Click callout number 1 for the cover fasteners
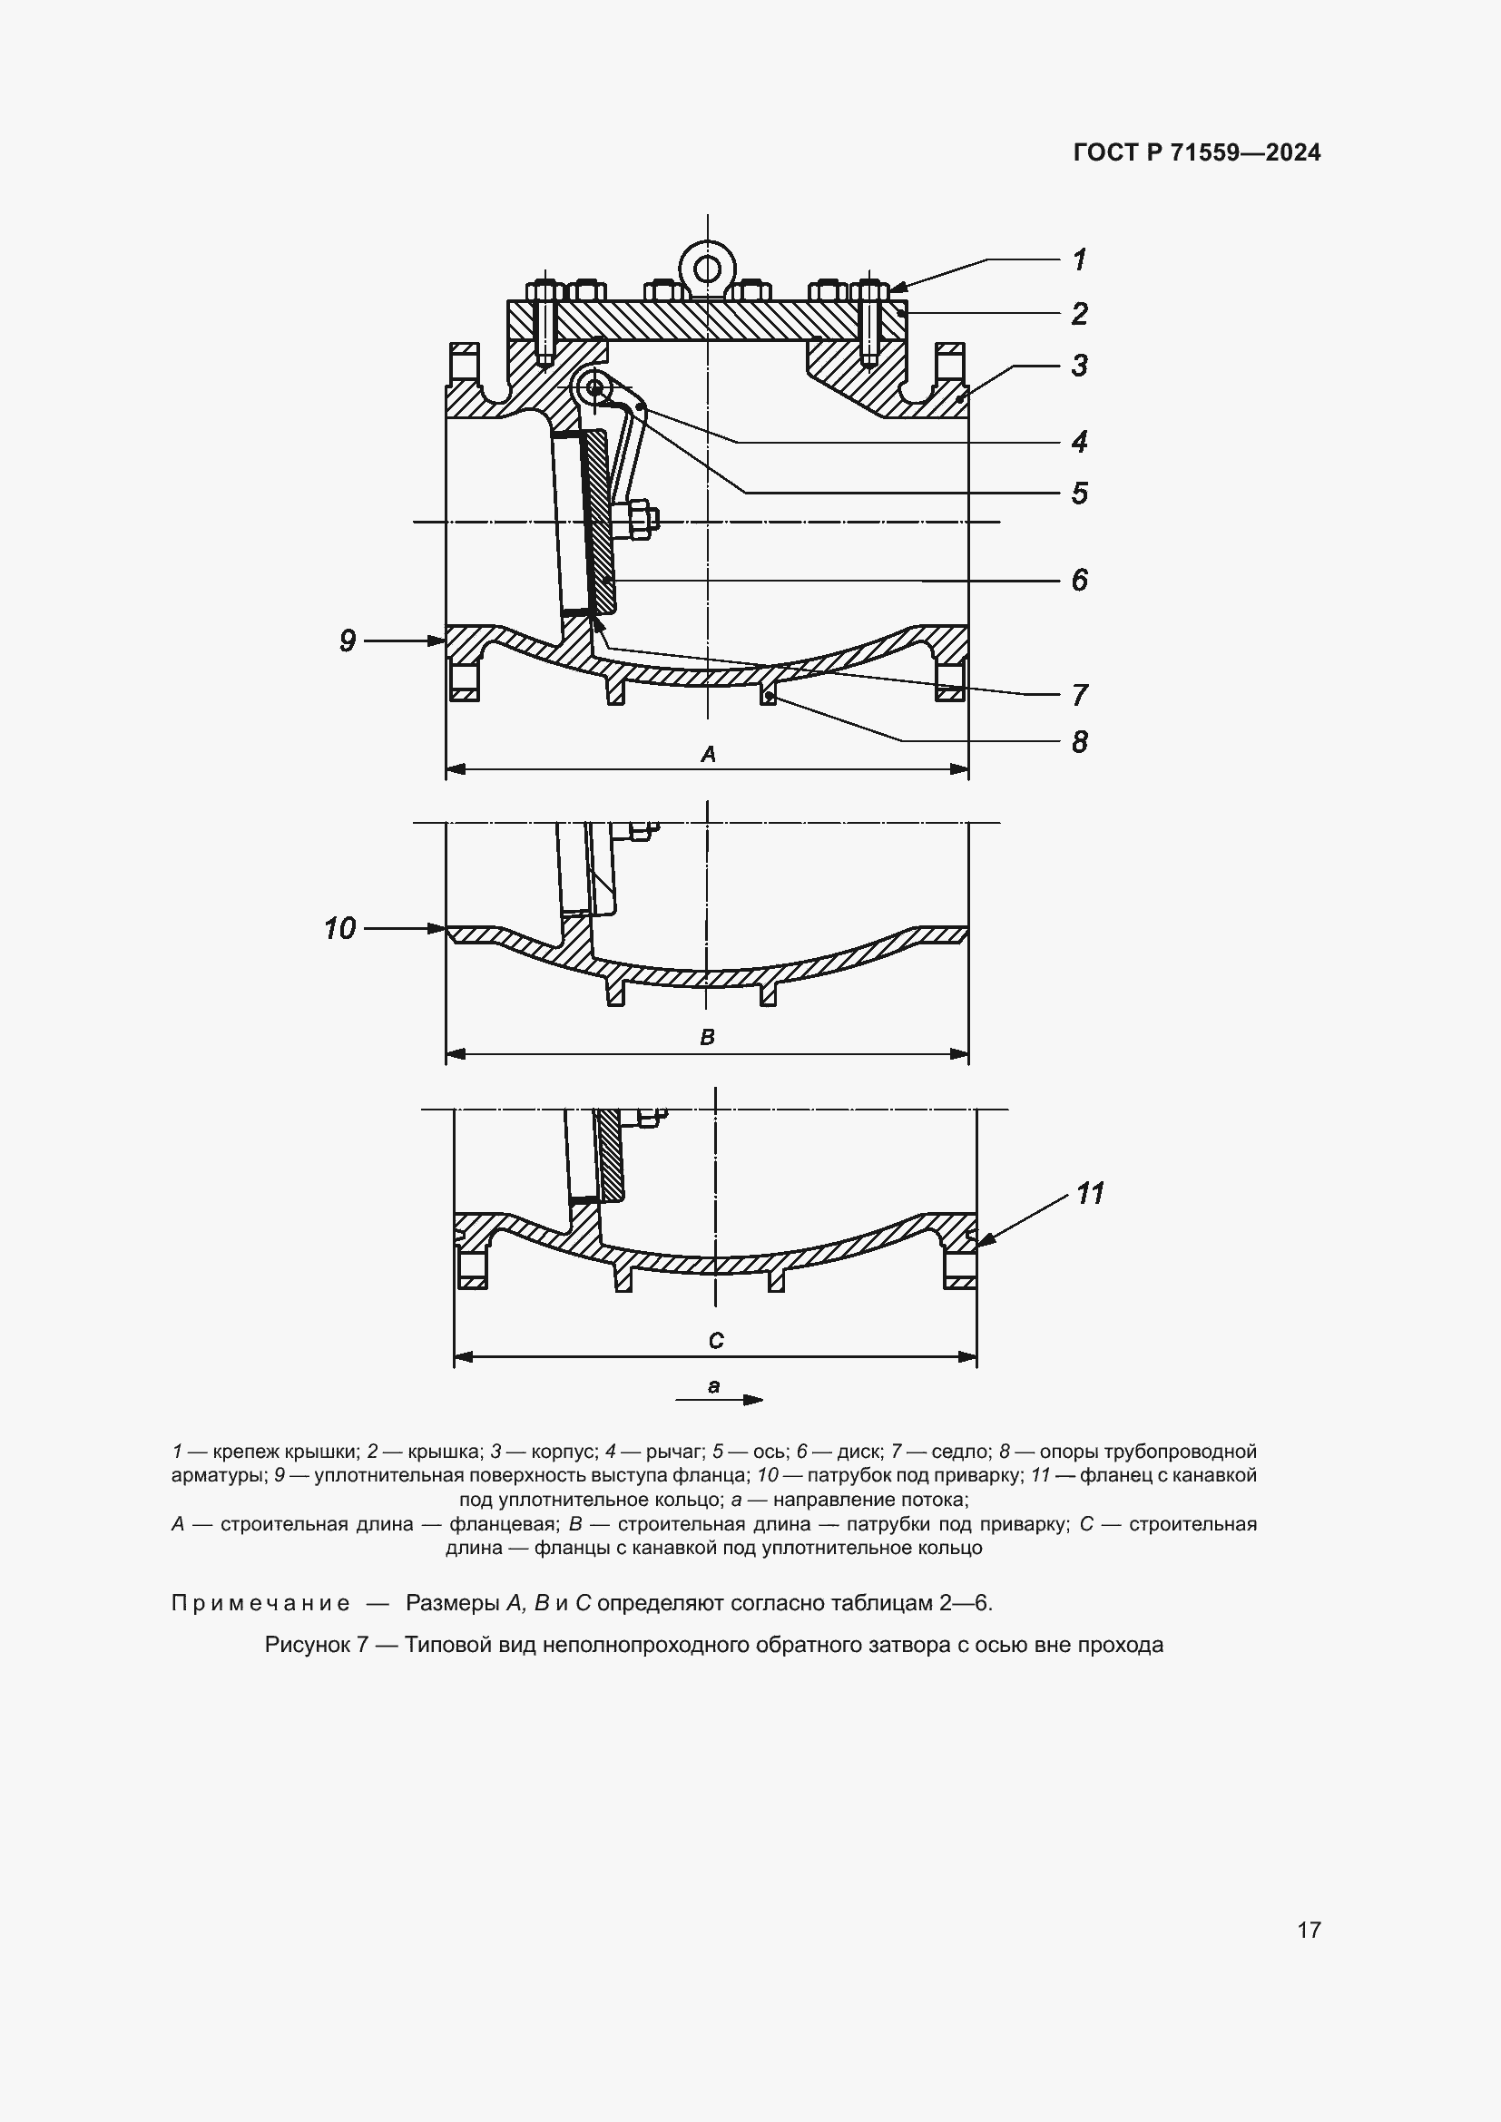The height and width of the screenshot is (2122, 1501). (x=1079, y=259)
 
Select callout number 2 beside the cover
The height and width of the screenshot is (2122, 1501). (x=1079, y=314)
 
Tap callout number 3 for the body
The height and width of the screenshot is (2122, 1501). (x=1079, y=366)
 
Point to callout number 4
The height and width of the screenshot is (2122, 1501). (x=1079, y=442)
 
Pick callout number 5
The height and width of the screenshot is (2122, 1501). (x=1079, y=494)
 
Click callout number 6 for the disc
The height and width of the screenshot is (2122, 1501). (x=1079, y=581)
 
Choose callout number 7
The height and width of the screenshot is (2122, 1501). (x=1079, y=695)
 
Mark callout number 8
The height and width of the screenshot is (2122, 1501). (x=1079, y=742)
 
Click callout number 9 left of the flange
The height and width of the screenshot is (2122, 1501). (x=348, y=641)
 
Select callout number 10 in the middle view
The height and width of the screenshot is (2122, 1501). (x=340, y=928)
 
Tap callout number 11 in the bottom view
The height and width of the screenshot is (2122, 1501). (x=1091, y=1194)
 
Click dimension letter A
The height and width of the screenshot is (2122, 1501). (x=708, y=755)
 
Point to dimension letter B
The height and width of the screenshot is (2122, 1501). (x=708, y=1037)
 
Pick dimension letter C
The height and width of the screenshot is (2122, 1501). (x=716, y=1341)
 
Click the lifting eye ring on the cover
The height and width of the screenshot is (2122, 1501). (x=708, y=268)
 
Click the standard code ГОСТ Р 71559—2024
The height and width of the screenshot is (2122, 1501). (x=1197, y=153)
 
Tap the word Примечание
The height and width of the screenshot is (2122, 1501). (x=260, y=1603)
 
